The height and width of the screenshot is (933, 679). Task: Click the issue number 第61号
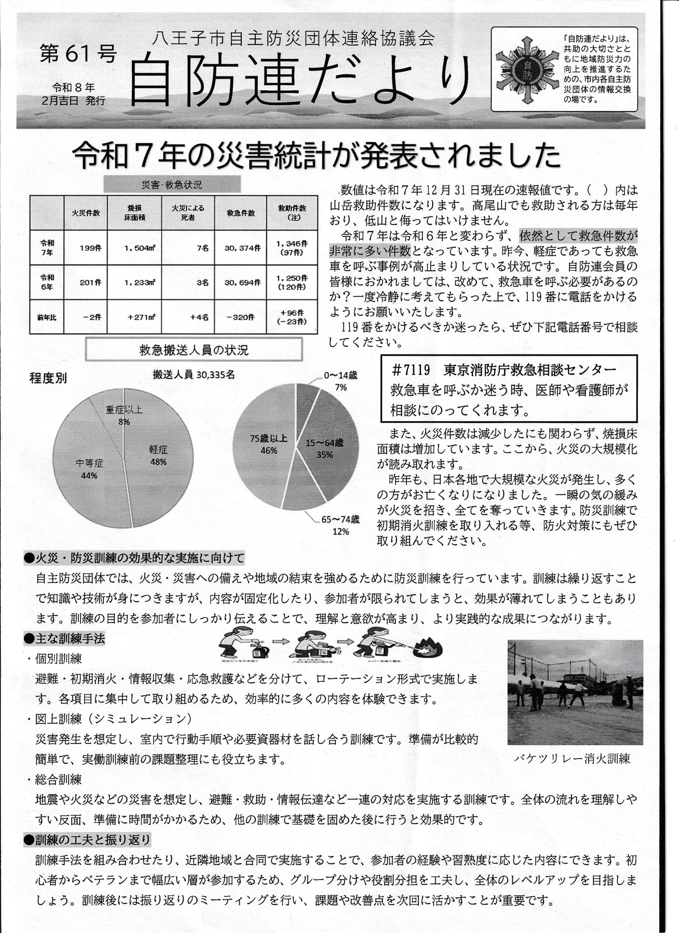pyautogui.click(x=78, y=54)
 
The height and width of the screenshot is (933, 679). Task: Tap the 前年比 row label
pyautogui.click(x=47, y=317)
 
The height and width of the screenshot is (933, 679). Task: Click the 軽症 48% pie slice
pyautogui.click(x=158, y=461)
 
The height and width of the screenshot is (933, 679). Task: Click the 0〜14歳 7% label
pyautogui.click(x=341, y=381)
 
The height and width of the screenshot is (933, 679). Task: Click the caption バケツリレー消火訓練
pyautogui.click(x=572, y=758)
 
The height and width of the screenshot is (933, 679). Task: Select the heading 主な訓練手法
pyautogui.click(x=65, y=638)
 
